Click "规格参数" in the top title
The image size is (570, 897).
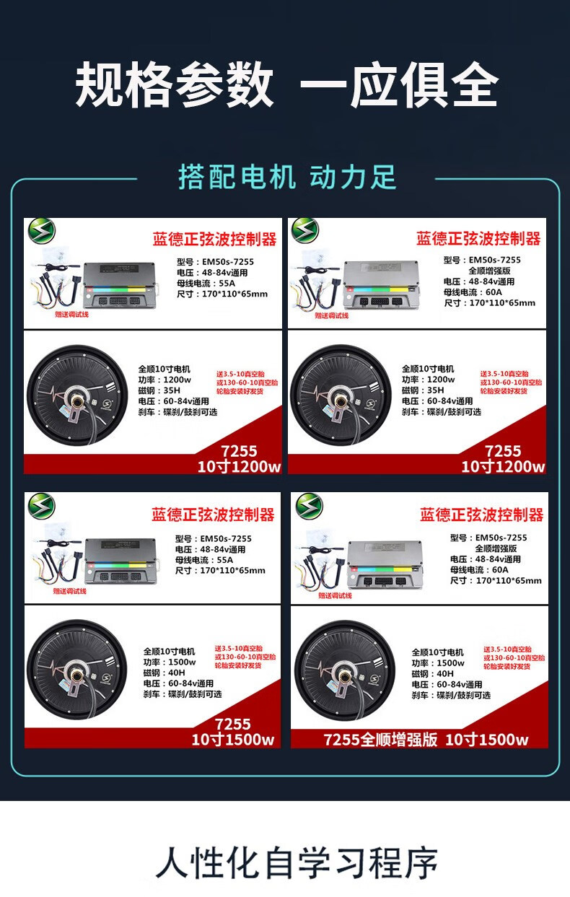click(175, 86)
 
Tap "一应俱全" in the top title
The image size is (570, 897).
click(398, 86)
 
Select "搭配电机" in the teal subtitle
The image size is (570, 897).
click(237, 177)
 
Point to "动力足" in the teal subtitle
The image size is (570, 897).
click(353, 177)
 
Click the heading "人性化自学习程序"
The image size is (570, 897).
click(297, 863)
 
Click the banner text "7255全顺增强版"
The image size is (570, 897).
click(380, 740)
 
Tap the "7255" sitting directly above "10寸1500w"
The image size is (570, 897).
click(233, 724)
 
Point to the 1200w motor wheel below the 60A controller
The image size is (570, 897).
click(341, 396)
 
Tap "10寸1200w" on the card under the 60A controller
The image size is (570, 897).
click(503, 467)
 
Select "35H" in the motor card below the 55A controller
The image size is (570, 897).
click(171, 390)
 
